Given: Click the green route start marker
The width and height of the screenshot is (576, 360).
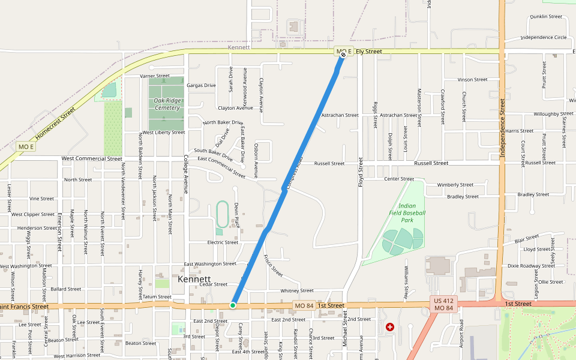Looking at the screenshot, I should pyautogui.click(x=233, y=305).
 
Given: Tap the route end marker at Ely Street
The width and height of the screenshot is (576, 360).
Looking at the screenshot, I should pyautogui.click(x=343, y=55).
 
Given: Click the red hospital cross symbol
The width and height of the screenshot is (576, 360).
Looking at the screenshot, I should pyautogui.click(x=390, y=327).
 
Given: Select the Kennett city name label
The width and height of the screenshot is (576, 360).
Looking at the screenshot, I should pyautogui.click(x=194, y=280).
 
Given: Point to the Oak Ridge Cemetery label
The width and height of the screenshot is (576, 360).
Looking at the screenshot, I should pyautogui.click(x=167, y=104).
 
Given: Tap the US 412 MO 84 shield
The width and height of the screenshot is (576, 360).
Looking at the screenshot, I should pyautogui.click(x=445, y=304).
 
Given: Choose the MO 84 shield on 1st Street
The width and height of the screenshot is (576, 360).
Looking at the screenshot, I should pyautogui.click(x=304, y=305).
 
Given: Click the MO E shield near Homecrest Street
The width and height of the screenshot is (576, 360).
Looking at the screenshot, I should pyautogui.click(x=26, y=147).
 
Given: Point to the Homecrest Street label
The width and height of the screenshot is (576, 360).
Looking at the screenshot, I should pyautogui.click(x=55, y=124).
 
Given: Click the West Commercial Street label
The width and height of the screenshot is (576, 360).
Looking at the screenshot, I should pyautogui.click(x=92, y=159).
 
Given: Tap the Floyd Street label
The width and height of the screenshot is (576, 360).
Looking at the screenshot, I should pyautogui.click(x=361, y=172).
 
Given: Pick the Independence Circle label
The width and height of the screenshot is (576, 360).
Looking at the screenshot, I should pyautogui.click(x=544, y=37).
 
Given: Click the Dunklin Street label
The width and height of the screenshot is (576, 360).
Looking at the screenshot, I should pyautogui.click(x=546, y=16).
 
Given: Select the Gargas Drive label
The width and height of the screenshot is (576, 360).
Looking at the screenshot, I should pyautogui.click(x=201, y=85).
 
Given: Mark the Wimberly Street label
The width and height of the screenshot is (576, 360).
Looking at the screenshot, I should pyautogui.click(x=455, y=185).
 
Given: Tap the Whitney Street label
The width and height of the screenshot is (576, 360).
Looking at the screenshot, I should pyautogui.click(x=297, y=291).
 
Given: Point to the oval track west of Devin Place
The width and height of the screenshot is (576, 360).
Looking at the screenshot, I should pyautogui.click(x=222, y=214).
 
